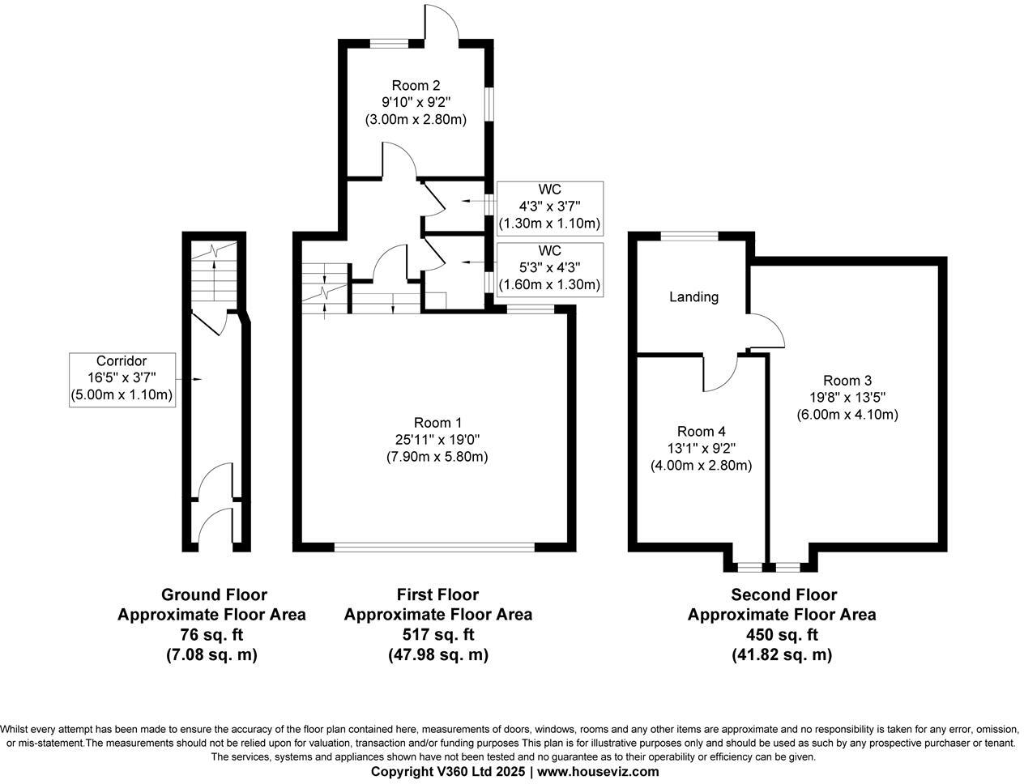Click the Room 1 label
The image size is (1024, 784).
(437, 422)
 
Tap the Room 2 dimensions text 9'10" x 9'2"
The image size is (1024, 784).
(416, 102)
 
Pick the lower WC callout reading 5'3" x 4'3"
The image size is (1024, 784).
(549, 267)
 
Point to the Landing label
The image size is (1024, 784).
(693, 297)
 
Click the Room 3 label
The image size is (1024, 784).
(847, 381)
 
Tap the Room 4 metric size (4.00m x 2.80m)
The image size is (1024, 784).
(701, 466)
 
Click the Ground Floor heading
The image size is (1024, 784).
(214, 595)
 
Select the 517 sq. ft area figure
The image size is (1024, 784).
(437, 635)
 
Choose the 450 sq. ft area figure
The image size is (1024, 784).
(781, 635)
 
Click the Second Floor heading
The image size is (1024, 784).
(783, 595)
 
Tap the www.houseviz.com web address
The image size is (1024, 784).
(598, 772)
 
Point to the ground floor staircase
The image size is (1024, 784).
(214, 271)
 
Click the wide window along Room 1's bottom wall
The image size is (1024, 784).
(434, 548)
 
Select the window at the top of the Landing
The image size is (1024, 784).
(689, 236)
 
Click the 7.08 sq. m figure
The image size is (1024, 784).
(211, 655)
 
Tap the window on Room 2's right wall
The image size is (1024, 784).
(489, 103)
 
